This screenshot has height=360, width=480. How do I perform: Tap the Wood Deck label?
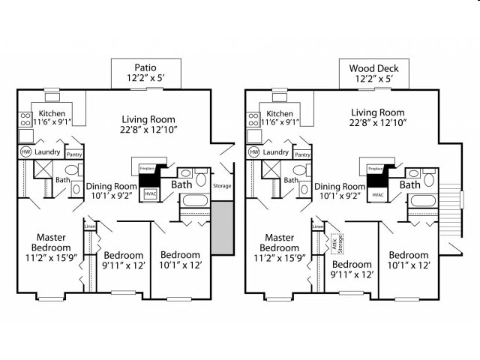coord(373,68)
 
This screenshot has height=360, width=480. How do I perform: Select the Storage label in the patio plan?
coord(222,185)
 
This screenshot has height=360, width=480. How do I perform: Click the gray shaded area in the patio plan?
coord(222,227)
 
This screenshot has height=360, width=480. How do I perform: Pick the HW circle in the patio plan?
coord(25,152)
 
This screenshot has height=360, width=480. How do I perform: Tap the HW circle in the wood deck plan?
coord(253,152)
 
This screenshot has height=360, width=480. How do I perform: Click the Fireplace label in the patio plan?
coord(146,169)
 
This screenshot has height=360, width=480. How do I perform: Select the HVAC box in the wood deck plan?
coord(377,195)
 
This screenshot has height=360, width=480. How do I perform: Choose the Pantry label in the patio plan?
coord(73,154)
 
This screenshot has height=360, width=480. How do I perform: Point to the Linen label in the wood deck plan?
coord(317,226)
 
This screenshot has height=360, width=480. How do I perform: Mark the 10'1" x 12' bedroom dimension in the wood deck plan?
coord(409,265)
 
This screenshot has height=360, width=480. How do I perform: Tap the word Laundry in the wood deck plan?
coord(276,152)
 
